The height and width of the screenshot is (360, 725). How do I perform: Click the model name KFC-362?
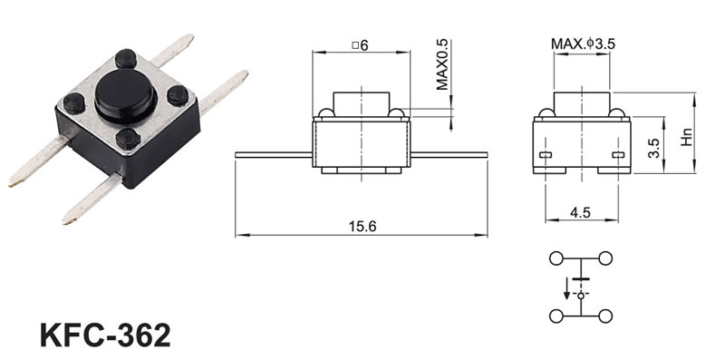pyautogui.click(x=105, y=335)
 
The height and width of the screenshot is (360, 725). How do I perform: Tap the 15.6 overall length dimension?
pyautogui.click(x=362, y=227)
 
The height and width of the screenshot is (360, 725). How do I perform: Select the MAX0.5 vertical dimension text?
pyautogui.click(x=442, y=64)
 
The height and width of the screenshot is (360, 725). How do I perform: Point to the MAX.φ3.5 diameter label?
pyautogui.click(x=583, y=44)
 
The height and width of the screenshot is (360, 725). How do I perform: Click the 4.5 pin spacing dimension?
pyautogui.click(x=580, y=212)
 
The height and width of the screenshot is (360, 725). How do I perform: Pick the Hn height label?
pyautogui.click(x=687, y=137)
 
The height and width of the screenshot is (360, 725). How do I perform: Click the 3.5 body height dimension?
pyautogui.click(x=653, y=148)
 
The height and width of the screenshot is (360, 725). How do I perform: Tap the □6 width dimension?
pyautogui.click(x=360, y=45)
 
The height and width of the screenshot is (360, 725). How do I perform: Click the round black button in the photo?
pyautogui.click(x=125, y=96)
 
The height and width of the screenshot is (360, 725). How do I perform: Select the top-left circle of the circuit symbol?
pyautogui.click(x=556, y=258)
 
